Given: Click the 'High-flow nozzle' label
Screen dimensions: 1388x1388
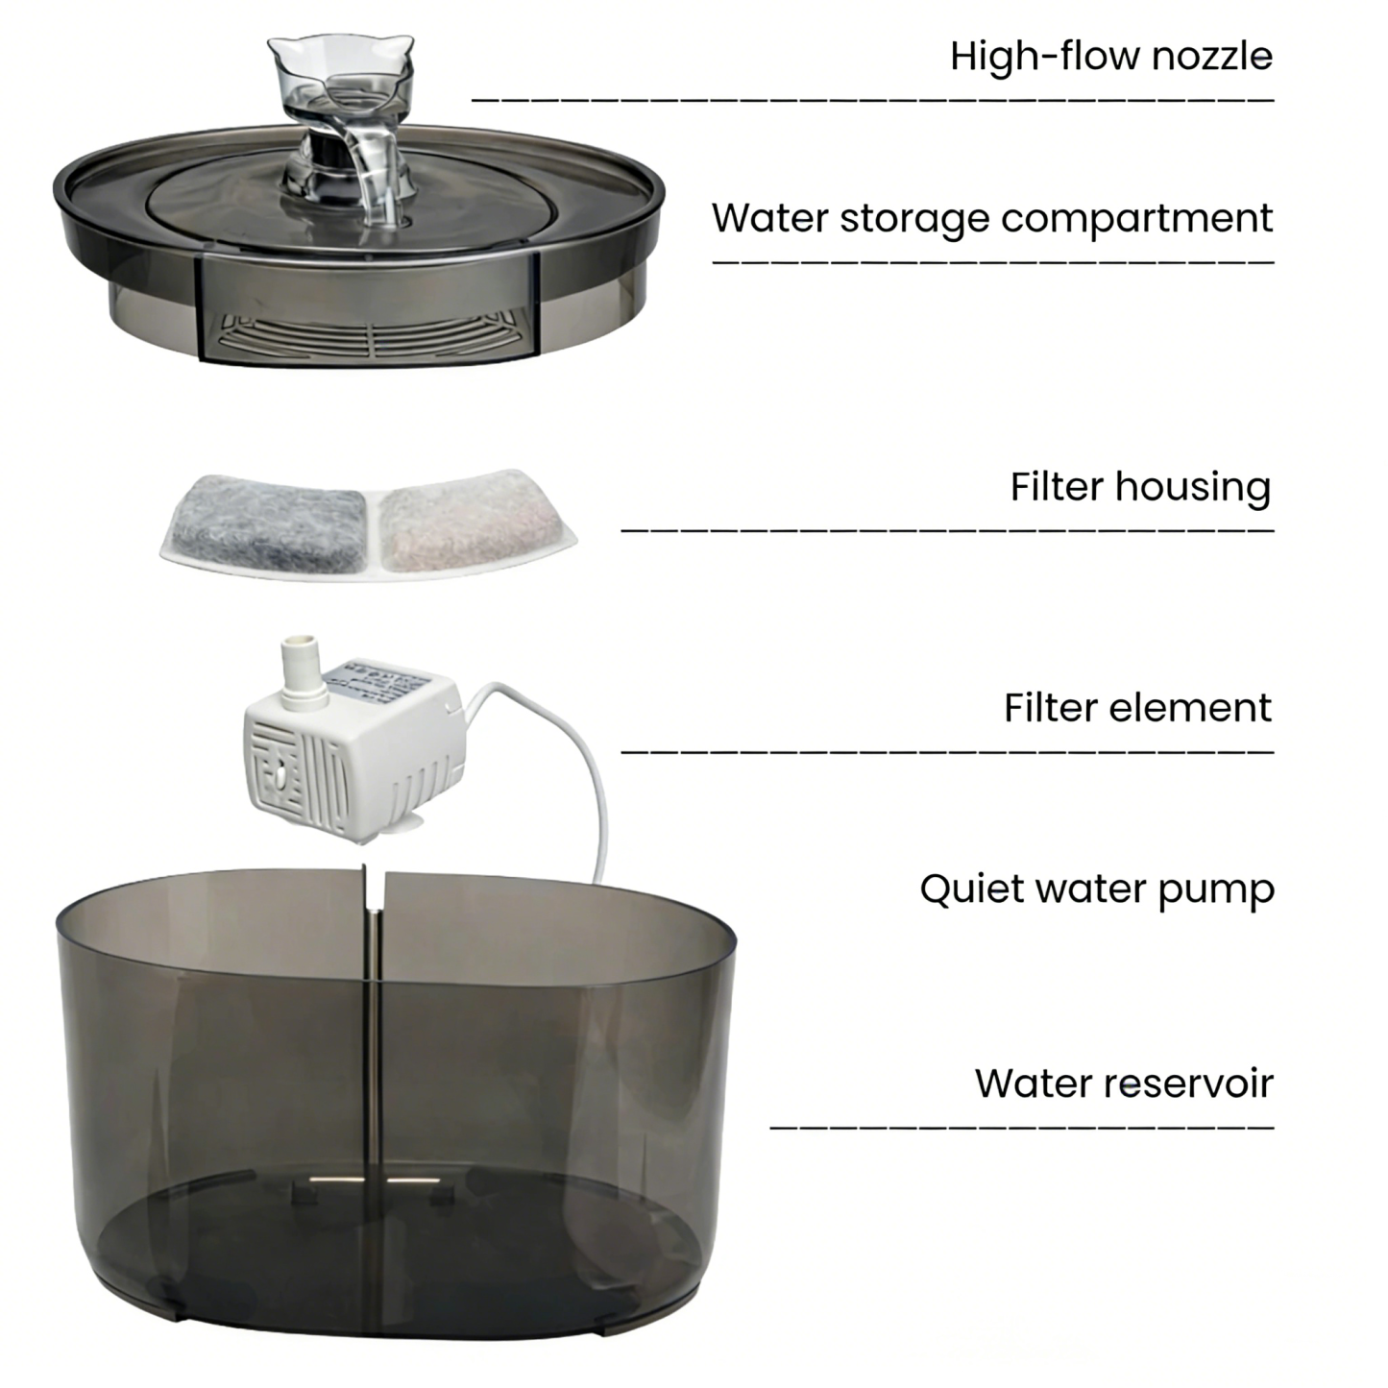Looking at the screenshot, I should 1110,57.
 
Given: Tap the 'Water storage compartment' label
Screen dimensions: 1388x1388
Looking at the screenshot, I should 991,219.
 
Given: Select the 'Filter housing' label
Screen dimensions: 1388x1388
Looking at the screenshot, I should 1139,487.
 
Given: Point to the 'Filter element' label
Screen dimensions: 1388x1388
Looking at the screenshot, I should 1136,709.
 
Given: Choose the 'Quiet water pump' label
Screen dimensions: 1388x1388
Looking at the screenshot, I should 1096,889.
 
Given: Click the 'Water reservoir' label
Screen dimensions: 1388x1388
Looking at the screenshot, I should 1123,1084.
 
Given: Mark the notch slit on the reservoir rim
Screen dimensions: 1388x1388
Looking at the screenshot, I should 375,889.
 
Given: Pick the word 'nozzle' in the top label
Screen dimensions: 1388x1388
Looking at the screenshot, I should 1212,57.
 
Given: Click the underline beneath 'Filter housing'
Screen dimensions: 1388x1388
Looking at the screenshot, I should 946,529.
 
